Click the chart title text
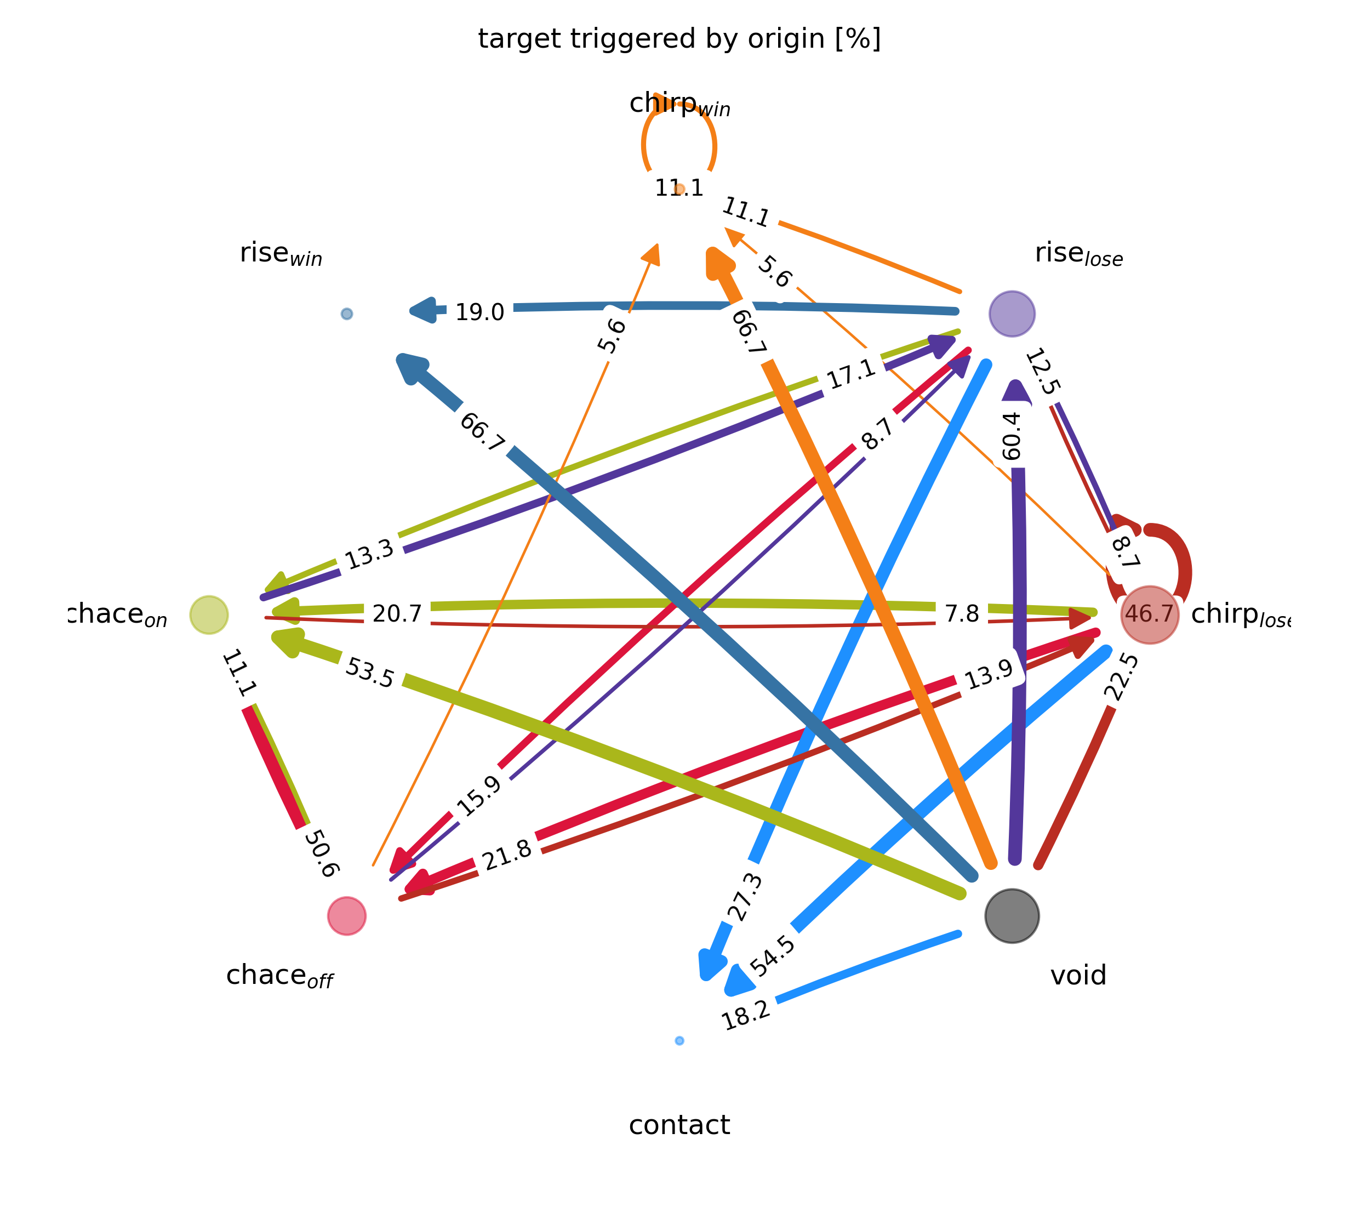tap(679, 39)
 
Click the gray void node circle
tap(1012, 916)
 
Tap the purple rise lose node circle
tap(1012, 314)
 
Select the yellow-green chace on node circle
tap(209, 615)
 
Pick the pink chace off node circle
tap(346, 916)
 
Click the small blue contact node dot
tap(679, 1040)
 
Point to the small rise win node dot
tap(346, 314)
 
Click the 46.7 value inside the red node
tap(1149, 614)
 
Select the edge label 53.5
tap(369, 673)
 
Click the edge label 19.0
tap(479, 312)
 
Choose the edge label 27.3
tap(746, 897)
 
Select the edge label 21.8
tap(507, 856)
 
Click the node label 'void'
tap(1078, 976)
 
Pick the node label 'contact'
tap(679, 1125)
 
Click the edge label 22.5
tap(1121, 677)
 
